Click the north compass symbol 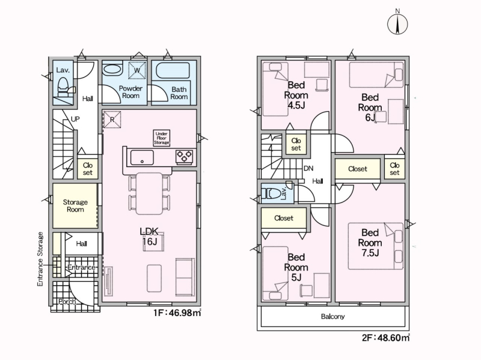coord(397,23)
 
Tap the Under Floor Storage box coord(162,138)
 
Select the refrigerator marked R coord(112,119)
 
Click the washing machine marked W coord(137,70)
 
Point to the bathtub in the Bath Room coord(173,71)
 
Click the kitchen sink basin coord(142,157)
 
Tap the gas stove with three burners coord(185,156)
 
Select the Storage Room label coord(76,206)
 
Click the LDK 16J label coord(149,236)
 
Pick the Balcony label coord(333,316)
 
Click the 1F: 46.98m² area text coord(177,313)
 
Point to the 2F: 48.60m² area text coord(385,338)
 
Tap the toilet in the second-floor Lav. coord(271,194)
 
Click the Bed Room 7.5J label coord(370,243)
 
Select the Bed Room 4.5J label coord(296,95)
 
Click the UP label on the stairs coord(75,118)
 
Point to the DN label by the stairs coord(308,168)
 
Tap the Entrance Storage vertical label coord(40,259)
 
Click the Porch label coord(67,302)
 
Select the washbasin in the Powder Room coord(112,69)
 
